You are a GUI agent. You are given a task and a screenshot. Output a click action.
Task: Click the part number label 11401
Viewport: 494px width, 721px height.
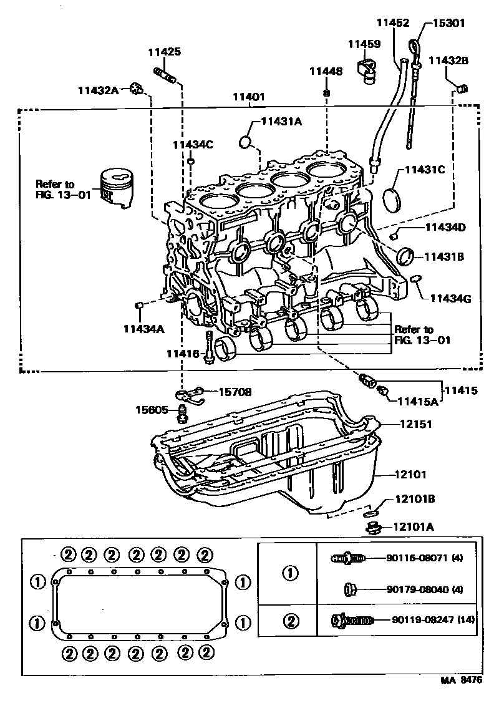tap(249, 97)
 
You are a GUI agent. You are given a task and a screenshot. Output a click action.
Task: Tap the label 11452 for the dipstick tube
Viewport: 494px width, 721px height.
tap(392, 23)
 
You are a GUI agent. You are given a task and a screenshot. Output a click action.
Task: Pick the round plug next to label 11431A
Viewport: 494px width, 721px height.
tap(246, 143)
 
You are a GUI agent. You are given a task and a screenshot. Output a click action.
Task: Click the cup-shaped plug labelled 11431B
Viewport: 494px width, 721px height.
tap(406, 255)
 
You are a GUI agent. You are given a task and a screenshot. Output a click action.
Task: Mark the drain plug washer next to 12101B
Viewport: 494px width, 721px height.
tap(372, 514)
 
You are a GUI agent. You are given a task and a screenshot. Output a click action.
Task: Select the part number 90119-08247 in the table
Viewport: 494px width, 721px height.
tap(433, 620)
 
